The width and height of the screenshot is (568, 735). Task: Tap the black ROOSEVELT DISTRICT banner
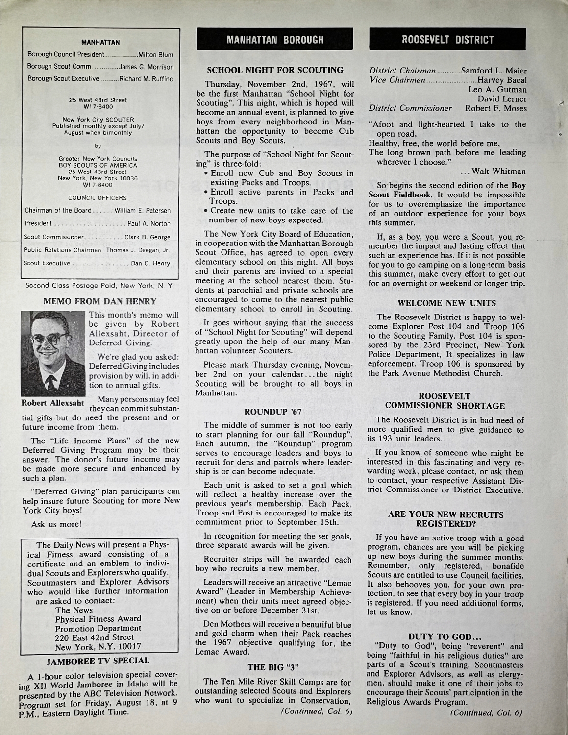pos(447,39)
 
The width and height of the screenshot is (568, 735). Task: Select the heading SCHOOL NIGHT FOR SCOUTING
pos(275,70)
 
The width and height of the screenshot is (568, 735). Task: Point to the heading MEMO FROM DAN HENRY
pos(100,301)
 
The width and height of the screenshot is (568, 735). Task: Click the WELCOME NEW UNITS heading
pos(447,303)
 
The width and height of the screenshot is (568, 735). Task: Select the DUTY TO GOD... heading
pos(446,637)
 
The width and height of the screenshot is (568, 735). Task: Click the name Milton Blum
pos(156,54)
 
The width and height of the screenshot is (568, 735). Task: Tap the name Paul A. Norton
pos(149,224)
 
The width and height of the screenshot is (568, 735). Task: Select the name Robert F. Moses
pos(496,108)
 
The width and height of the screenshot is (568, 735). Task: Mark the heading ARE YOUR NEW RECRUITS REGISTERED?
pos(445,519)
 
